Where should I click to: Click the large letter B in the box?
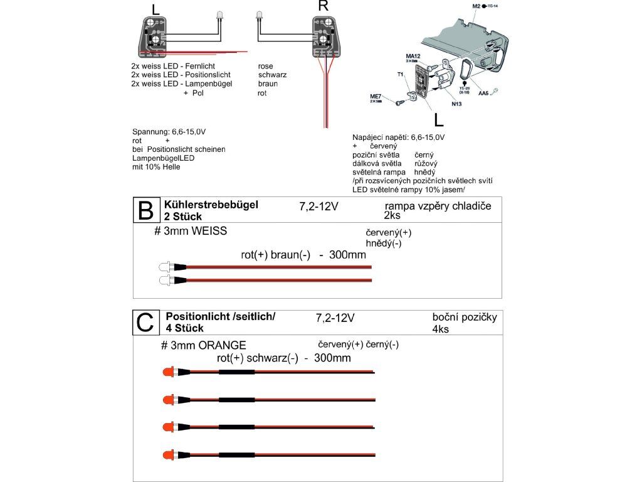click(145, 211)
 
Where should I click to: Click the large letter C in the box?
click(145, 323)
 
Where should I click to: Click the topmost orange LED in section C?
click(168, 373)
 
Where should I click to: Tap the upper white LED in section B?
click(164, 267)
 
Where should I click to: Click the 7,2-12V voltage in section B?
click(319, 206)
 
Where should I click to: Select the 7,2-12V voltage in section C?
click(335, 318)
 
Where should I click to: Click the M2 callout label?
click(475, 6)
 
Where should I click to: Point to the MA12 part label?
click(413, 55)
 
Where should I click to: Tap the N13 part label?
click(455, 104)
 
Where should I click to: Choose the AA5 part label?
click(483, 94)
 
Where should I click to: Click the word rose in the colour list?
click(265, 65)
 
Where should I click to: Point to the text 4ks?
click(440, 329)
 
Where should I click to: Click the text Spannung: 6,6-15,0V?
click(169, 132)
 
